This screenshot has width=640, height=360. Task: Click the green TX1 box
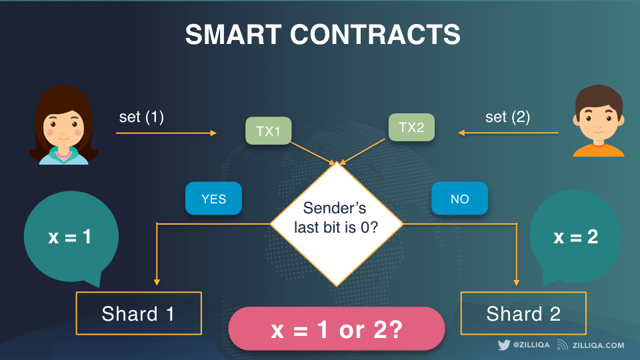[x=268, y=131]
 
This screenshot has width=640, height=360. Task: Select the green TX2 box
[x=411, y=127]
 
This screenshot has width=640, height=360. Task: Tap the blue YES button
[x=213, y=199]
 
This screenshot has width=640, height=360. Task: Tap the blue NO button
[x=459, y=199]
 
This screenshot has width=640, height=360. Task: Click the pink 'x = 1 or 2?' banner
[x=336, y=329]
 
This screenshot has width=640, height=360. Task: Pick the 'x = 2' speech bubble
[x=575, y=237]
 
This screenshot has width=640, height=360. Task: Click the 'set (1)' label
[x=141, y=117]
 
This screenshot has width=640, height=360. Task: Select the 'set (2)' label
[x=507, y=117]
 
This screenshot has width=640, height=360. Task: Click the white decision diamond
[x=337, y=224]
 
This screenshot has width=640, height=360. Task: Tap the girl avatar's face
[x=63, y=127]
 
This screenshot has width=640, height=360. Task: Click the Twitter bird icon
[x=504, y=345]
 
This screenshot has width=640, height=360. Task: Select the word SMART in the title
[x=233, y=34]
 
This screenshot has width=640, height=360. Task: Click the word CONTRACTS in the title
[x=375, y=34]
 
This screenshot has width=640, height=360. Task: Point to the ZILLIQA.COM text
[x=598, y=345]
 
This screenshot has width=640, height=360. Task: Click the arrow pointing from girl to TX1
[x=166, y=133]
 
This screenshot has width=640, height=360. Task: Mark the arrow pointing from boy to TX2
[x=508, y=133]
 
